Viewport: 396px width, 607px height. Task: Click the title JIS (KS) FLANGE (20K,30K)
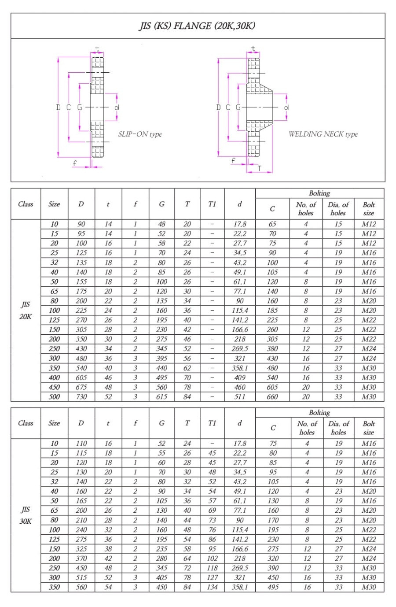(x=197, y=26)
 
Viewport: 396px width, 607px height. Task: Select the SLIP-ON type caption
(x=140, y=134)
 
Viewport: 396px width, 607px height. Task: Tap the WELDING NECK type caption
(x=323, y=134)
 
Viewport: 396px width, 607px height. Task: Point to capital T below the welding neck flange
(x=259, y=168)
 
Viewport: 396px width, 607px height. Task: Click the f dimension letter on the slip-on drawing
(x=75, y=163)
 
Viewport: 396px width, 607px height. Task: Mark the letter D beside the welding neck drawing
(x=218, y=107)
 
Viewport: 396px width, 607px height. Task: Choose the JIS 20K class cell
(x=26, y=310)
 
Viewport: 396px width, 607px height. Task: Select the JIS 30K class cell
(x=26, y=515)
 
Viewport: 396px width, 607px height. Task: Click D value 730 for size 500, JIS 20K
(x=81, y=396)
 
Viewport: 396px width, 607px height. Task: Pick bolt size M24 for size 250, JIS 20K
(x=369, y=348)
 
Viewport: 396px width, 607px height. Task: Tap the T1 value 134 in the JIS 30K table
(x=212, y=587)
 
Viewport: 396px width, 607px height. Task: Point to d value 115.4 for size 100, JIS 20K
(x=240, y=310)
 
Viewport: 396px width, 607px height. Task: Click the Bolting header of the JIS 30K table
(x=319, y=412)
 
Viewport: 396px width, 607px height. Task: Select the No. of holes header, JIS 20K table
(x=306, y=208)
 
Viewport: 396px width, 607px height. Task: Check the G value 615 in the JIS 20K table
(x=162, y=396)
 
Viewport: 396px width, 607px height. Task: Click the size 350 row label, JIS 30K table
(x=54, y=587)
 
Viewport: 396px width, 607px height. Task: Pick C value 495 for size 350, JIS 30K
(x=273, y=587)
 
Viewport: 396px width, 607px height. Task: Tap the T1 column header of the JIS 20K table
(x=212, y=204)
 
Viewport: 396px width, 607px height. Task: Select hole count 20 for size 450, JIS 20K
(x=306, y=387)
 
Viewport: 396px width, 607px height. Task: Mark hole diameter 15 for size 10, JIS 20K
(x=338, y=224)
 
